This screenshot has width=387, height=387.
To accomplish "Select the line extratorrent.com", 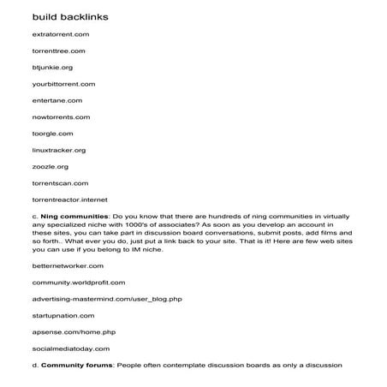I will pos(60,34).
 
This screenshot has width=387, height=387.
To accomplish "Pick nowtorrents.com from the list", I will pos(61,116).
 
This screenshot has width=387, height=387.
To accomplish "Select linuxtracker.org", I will pos(59,150).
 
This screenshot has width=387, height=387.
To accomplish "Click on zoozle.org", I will pos(50,166).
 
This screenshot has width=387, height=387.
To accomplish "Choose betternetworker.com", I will pos(68,265).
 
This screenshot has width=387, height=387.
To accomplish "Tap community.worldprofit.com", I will pos(79,282).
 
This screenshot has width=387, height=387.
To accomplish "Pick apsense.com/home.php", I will pos(72,331).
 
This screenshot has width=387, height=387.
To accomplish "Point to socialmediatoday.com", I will pos(71,348).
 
